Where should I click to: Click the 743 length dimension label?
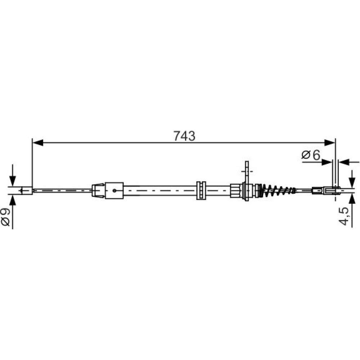pos(184,136)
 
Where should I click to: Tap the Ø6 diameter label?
pos(311,155)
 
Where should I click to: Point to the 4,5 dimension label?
pos(344,216)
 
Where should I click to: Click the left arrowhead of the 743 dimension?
pos(38,143)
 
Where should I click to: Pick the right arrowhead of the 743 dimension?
pos(330,143)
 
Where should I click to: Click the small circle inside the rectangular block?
pos(114,190)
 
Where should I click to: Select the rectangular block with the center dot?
pos(114,190)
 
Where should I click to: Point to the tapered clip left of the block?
pos(98,190)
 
